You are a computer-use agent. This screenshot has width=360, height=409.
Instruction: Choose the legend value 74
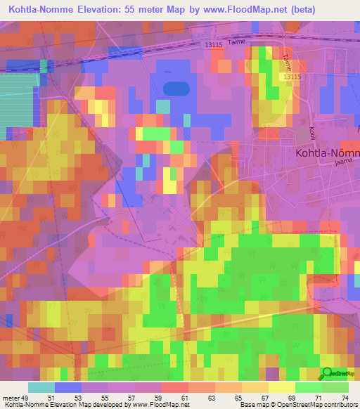tap(344, 398)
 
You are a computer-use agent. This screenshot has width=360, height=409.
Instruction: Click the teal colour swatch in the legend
tap(41, 387)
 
